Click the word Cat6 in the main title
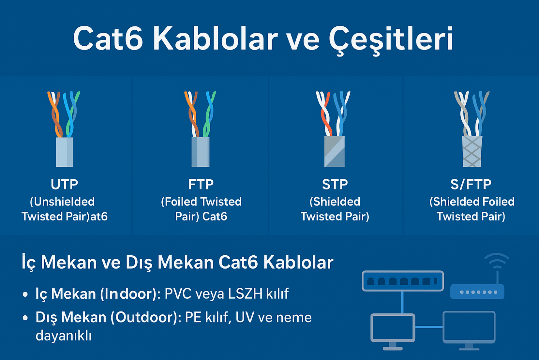click(x=108, y=39)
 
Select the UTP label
click(x=64, y=184)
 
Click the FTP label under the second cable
click(x=201, y=184)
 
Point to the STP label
click(x=335, y=184)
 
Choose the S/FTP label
click(x=471, y=184)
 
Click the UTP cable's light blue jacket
click(x=64, y=152)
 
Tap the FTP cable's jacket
click(x=201, y=152)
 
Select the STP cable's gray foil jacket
click(x=335, y=152)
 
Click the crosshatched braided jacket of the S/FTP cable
click(x=472, y=152)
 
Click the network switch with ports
click(x=402, y=281)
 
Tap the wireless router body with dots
click(x=477, y=292)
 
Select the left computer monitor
click(x=393, y=328)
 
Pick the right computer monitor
click(x=469, y=327)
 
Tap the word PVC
click(x=178, y=294)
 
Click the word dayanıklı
click(x=64, y=336)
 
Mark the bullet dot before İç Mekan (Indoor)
click(x=25, y=295)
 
